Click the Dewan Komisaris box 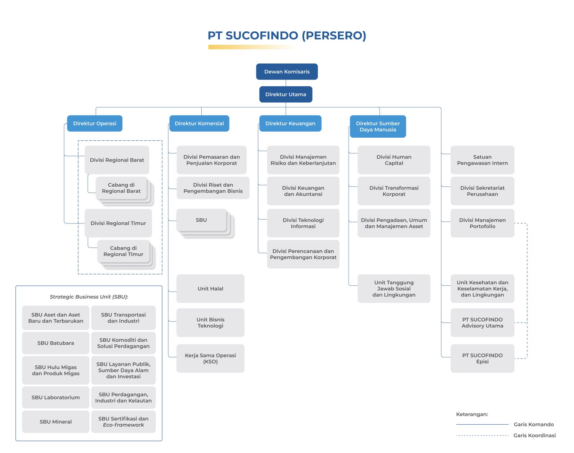click(x=287, y=72)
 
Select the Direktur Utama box click(x=285, y=95)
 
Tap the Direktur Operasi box click(x=95, y=123)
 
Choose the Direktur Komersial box click(x=199, y=123)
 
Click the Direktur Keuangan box click(x=290, y=123)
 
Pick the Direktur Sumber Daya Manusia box click(x=378, y=126)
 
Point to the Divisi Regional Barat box click(x=117, y=160)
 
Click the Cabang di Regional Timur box click(x=123, y=251)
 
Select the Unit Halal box click(x=210, y=288)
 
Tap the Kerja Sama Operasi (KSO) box click(x=210, y=358)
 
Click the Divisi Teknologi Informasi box click(x=303, y=223)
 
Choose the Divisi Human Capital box click(x=394, y=160)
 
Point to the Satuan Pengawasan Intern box click(x=482, y=160)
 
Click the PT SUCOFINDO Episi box click(x=482, y=358)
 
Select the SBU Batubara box click(x=55, y=343)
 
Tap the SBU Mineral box click(x=55, y=422)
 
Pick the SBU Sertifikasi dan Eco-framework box click(x=123, y=422)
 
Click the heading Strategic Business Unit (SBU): click(x=89, y=297)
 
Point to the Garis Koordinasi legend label click(x=534, y=435)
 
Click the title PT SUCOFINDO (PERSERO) click(x=287, y=36)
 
